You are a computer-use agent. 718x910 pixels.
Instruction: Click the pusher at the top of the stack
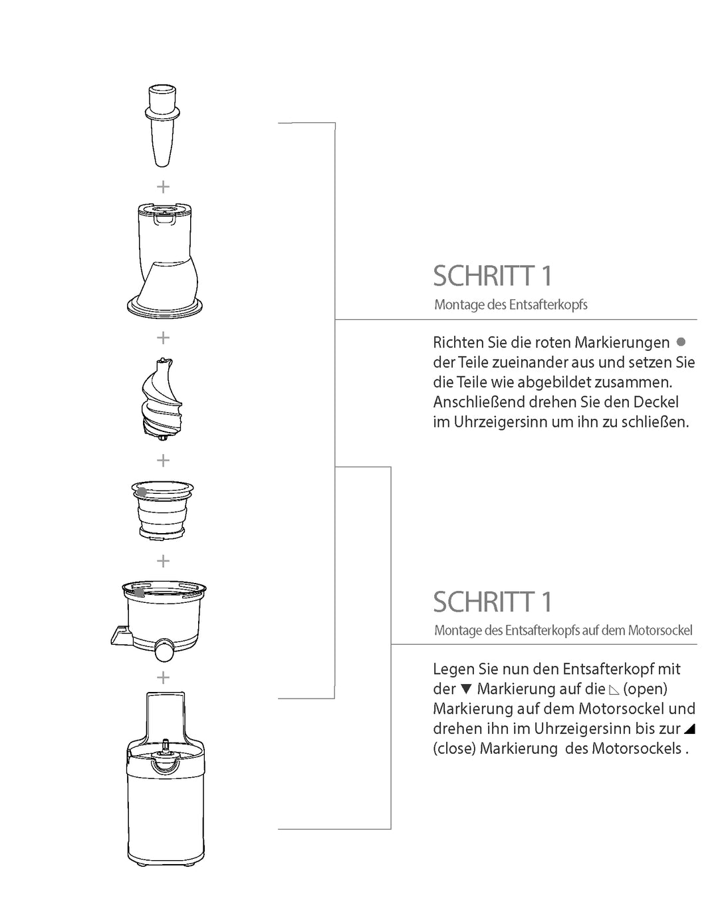click(x=162, y=126)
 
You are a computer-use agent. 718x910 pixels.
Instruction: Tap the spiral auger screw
click(x=162, y=399)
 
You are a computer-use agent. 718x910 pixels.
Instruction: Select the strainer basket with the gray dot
click(x=162, y=510)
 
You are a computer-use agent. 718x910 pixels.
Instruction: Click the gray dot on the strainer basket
click(x=142, y=492)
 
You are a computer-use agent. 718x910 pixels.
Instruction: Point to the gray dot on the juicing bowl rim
click(x=139, y=592)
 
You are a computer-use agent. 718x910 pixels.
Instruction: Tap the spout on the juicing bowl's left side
click(x=122, y=636)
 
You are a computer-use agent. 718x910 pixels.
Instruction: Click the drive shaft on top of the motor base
click(x=166, y=746)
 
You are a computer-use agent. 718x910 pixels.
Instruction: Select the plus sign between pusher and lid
click(x=163, y=187)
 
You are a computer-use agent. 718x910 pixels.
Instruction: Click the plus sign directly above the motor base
click(x=163, y=678)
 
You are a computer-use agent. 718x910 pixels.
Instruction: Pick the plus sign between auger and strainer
click(x=163, y=460)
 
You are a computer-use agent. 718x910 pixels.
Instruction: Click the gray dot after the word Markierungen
click(x=681, y=342)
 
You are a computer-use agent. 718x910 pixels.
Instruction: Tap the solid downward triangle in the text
click(x=466, y=689)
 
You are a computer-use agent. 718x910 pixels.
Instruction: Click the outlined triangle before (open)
click(x=614, y=690)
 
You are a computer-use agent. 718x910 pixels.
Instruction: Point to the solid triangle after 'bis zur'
click(x=689, y=728)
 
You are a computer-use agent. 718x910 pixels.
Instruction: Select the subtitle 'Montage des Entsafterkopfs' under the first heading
click(x=511, y=304)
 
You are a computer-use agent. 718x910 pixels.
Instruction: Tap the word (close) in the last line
click(x=455, y=748)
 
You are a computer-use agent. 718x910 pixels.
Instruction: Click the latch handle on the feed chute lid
click(x=165, y=219)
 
